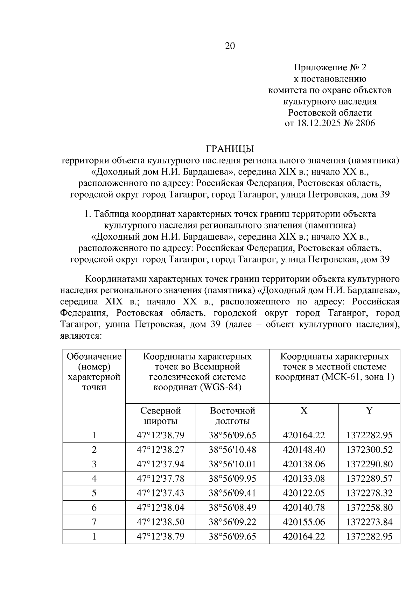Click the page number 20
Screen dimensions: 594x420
click(230, 46)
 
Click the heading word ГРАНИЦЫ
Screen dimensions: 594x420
click(230, 149)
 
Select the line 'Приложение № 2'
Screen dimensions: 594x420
click(330, 67)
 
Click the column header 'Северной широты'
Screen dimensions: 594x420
click(160, 415)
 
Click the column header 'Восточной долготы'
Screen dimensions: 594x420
click(232, 415)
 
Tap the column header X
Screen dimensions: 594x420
click(303, 411)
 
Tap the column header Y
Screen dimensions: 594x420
click(369, 411)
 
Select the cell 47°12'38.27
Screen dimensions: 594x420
click(160, 450)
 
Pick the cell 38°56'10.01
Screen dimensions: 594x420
click(232, 464)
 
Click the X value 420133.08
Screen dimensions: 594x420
click(303, 479)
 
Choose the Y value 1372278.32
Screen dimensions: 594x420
click(369, 493)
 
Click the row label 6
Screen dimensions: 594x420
click(94, 508)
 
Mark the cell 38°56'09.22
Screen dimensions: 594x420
click(232, 522)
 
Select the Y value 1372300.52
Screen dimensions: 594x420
click(369, 450)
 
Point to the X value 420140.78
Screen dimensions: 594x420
click(303, 508)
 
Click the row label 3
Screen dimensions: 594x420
click(94, 464)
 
